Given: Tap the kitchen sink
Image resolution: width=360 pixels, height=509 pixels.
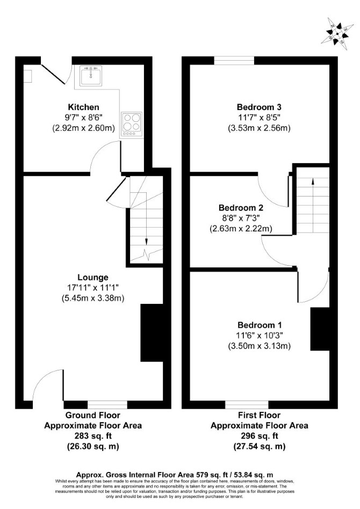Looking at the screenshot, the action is pos(91,76).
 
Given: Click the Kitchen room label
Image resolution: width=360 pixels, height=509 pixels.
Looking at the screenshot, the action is pos(83,107).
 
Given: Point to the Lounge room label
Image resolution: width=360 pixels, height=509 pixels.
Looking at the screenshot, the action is pos(93,277).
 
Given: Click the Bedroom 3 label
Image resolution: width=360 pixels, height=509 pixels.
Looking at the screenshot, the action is pos(259,107).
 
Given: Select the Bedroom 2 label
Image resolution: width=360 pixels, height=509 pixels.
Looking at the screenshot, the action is pos(241,207).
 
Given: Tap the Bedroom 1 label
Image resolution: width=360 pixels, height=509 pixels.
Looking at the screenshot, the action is pos(260,325).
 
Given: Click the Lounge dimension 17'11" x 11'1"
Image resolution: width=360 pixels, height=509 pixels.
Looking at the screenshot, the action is pos(93,287).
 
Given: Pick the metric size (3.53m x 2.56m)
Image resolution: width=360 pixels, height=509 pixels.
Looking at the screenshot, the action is pos(259,128).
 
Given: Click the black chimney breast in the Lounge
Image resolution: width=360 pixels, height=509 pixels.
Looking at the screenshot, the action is pos(152,333).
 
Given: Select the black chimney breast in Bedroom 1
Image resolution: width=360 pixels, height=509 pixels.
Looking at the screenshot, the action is pos(320,329).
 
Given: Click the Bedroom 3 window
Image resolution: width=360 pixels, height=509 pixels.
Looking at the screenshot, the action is pos(234,60).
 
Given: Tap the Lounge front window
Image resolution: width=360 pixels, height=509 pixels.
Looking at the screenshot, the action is pos(107,404).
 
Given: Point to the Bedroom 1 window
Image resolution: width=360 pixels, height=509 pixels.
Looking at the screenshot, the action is pos(247,404).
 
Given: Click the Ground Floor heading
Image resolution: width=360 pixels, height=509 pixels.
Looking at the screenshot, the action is pos(93,415).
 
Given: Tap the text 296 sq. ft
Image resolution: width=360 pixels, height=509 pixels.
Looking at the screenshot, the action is pos(260,436).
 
